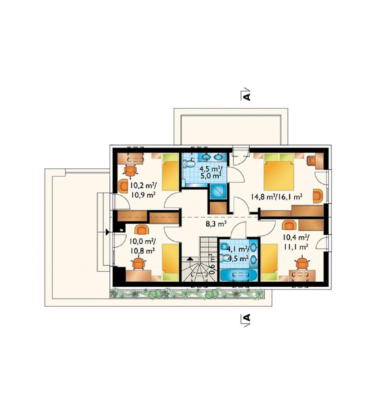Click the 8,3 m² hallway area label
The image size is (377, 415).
(x=216, y=224)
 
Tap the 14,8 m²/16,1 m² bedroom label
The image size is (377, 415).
(x=277, y=197)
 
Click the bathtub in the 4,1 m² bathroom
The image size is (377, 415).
(x=239, y=275)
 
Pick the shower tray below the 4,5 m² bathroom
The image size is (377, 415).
(x=218, y=191)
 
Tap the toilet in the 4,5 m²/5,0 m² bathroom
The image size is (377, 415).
(x=189, y=164)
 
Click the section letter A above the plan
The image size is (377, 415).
(x=246, y=96)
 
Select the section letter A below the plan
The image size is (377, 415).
(x=246, y=317)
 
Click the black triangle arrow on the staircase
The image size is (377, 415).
(x=190, y=259)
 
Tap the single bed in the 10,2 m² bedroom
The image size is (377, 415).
(x=170, y=172)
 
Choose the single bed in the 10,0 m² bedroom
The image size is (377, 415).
(x=170, y=262)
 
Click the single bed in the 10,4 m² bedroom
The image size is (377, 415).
(x=269, y=262)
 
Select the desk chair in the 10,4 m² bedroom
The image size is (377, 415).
(x=302, y=263)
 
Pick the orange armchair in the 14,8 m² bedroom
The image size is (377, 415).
(x=318, y=196)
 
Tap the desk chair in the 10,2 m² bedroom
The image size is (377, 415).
(x=131, y=170)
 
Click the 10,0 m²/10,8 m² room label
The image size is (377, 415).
(x=142, y=246)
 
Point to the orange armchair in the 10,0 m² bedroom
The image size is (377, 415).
(x=142, y=229)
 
